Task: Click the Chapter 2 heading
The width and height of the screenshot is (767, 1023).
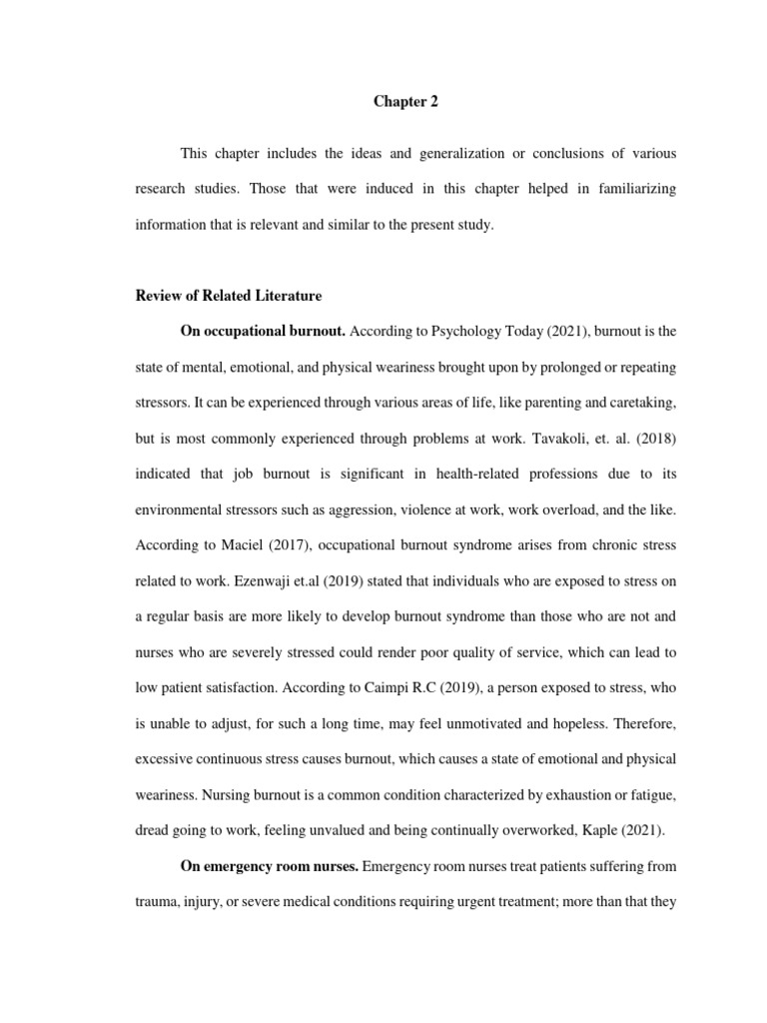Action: tap(405, 101)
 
